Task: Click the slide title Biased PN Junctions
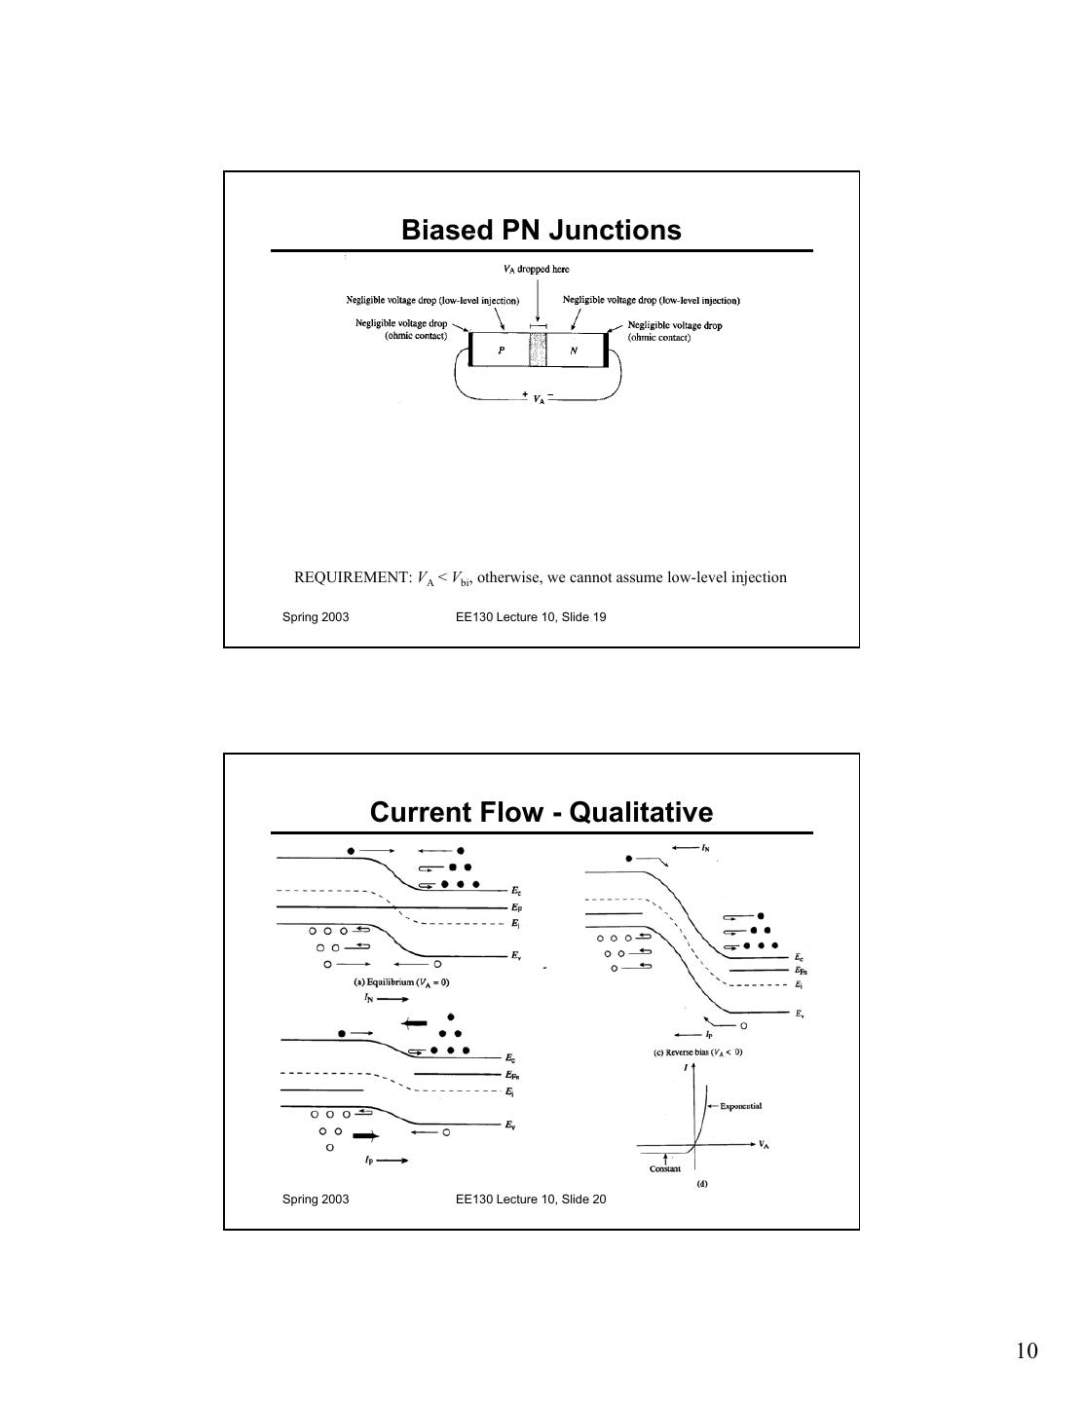pos(542,231)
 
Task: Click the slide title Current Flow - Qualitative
pos(542,812)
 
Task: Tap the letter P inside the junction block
pos(501,350)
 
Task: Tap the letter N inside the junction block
pos(574,350)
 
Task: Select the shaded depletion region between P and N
pos(538,350)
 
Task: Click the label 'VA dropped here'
pos(536,270)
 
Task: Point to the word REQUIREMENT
pos(354,577)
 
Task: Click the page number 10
pos(1027,1350)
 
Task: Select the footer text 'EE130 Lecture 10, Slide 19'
pos(531,617)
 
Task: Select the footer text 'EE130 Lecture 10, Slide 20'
pos(531,1199)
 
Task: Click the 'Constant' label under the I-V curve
pos(665,1168)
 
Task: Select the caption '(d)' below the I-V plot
pos(701,1184)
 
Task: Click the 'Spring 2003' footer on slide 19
pos(316,617)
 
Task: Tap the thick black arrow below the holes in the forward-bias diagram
pos(364,1135)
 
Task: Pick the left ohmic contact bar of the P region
pos(470,350)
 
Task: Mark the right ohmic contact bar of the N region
pos(606,350)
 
